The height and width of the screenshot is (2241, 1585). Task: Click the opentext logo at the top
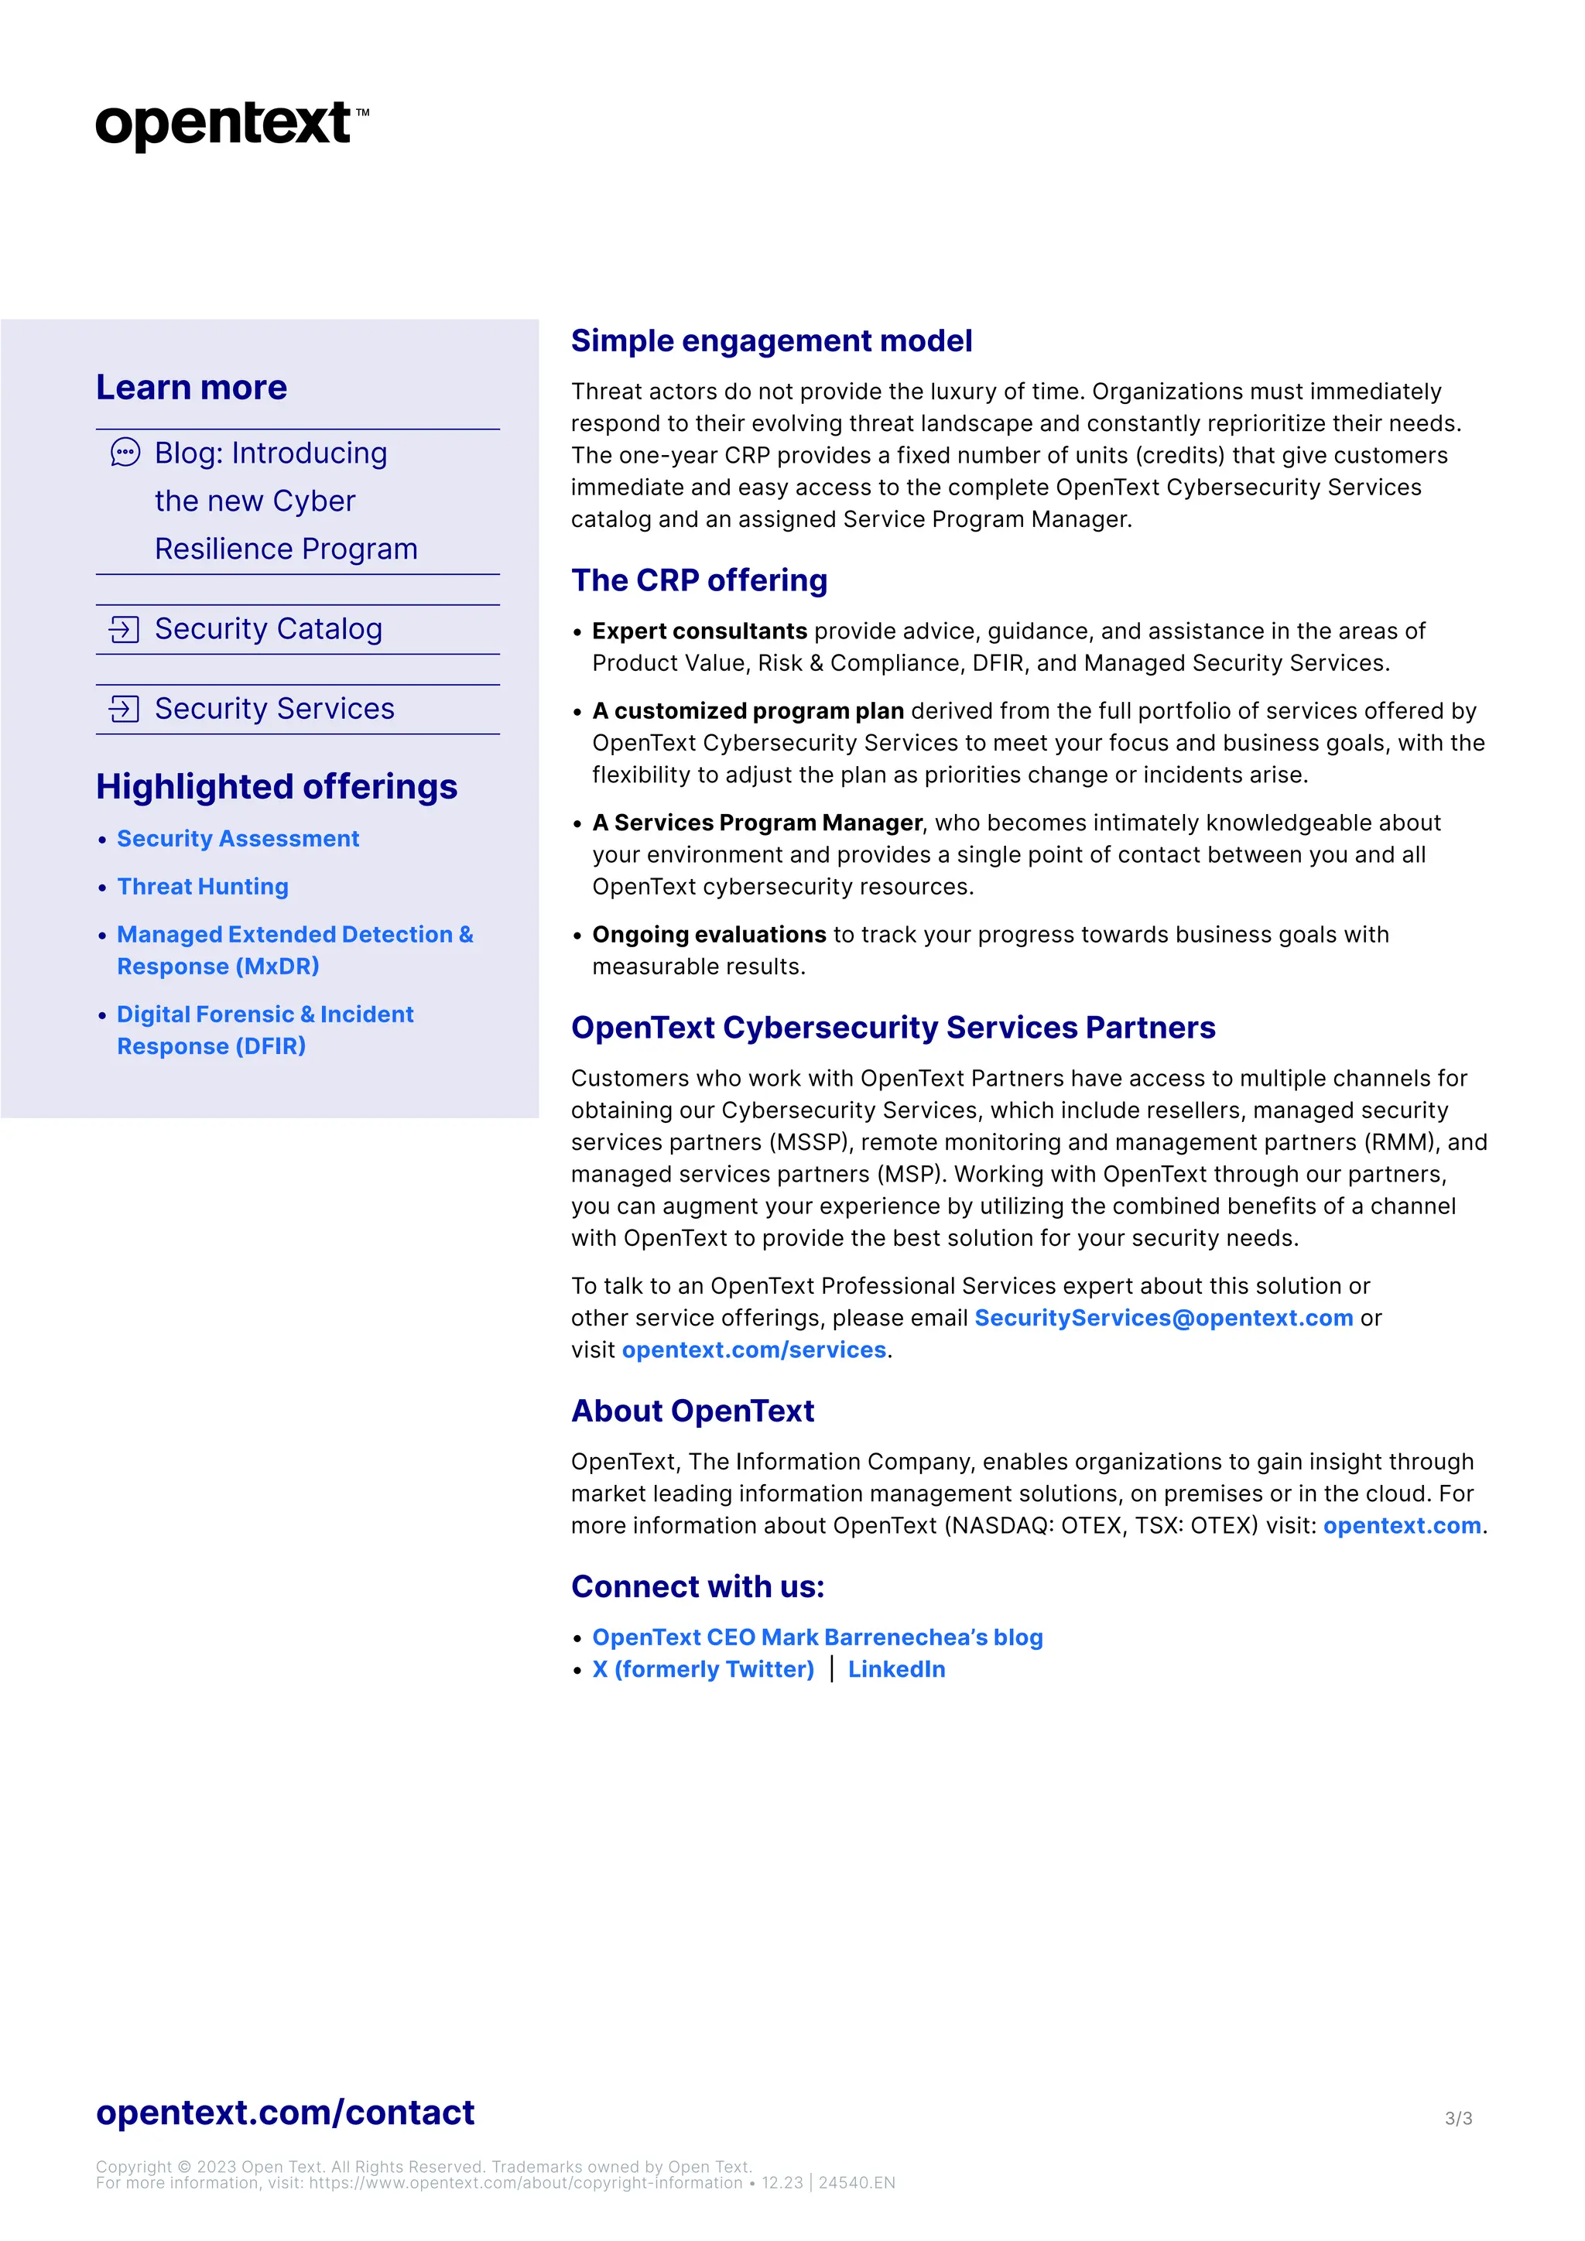tap(231, 125)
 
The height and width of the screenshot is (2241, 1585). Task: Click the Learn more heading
tap(191, 388)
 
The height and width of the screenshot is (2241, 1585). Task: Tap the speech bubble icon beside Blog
tap(125, 453)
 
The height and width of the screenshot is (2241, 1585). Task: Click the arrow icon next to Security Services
tap(124, 709)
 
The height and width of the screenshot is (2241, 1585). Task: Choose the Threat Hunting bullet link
tap(203, 886)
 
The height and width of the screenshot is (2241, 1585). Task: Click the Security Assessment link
tap(238, 838)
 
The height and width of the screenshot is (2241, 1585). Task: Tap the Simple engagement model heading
tap(771, 340)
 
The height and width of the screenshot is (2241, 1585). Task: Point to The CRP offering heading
tap(699, 580)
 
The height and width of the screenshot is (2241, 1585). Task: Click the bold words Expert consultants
tap(699, 631)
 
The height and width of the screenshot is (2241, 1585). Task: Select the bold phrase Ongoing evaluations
tap(709, 935)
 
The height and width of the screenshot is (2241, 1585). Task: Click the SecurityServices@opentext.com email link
tap(1163, 1318)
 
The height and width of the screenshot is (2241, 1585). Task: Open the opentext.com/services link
tap(754, 1350)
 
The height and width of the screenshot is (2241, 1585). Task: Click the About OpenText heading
tap(692, 1411)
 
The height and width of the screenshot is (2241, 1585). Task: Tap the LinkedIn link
tap(896, 1669)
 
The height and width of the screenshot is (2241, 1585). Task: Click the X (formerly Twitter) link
tap(703, 1669)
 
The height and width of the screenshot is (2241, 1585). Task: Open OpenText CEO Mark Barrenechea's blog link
tap(817, 1637)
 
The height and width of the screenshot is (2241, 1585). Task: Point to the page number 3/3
tap(1458, 2118)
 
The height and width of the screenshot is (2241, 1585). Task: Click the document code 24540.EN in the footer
tap(856, 2182)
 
